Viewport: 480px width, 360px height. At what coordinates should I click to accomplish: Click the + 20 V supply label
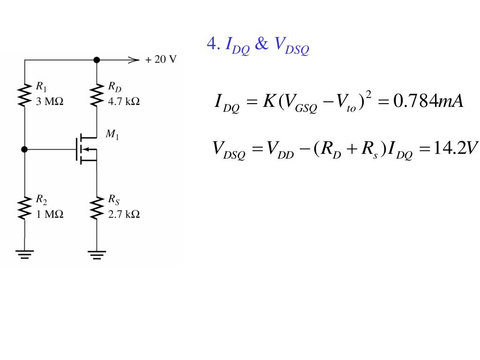(161, 60)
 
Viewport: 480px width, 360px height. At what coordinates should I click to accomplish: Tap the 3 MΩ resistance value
(49, 101)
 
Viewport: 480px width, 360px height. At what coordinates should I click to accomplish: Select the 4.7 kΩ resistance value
(124, 101)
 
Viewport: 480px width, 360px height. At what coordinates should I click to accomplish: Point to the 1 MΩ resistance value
(49, 214)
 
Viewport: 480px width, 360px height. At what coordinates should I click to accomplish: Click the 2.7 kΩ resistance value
(124, 214)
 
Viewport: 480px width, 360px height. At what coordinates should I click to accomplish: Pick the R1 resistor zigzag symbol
(24, 95)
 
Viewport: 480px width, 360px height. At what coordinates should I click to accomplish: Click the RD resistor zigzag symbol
(97, 95)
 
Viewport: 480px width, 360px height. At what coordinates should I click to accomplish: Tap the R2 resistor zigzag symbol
(24, 208)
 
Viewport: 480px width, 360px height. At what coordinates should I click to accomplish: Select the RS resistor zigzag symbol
(97, 208)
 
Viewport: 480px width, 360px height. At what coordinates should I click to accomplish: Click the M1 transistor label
(112, 135)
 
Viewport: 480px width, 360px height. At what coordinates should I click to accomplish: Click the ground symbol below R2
(24, 254)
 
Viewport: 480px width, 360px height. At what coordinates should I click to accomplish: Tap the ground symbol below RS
(97, 254)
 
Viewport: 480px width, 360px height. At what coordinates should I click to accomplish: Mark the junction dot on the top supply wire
(97, 60)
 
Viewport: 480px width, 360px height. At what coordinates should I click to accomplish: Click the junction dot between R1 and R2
(24, 150)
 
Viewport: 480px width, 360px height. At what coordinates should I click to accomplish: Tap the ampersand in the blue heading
(261, 45)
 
